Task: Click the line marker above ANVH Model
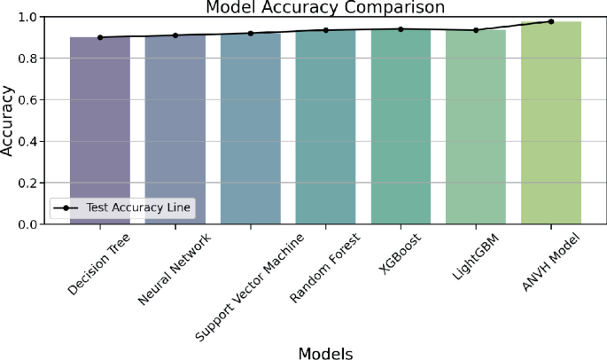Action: (x=551, y=21)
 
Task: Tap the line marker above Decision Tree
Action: (x=100, y=37)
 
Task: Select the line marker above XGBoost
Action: (x=401, y=29)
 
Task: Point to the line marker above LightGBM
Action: (x=476, y=30)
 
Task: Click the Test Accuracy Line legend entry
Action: (x=124, y=208)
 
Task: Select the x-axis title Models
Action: (x=325, y=352)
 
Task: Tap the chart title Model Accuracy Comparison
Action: (x=325, y=7)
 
